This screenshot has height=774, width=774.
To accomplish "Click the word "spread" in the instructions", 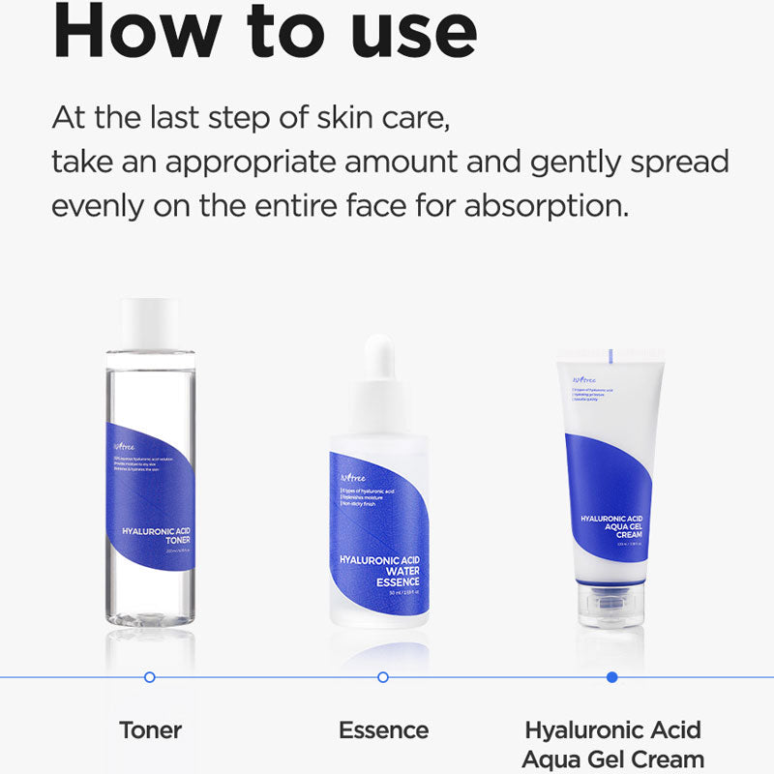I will click(672, 163).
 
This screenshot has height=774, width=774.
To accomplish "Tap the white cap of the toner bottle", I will click(150, 323).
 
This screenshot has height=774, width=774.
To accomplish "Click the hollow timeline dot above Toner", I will click(149, 677).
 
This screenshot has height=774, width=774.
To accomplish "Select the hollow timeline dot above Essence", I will click(383, 677).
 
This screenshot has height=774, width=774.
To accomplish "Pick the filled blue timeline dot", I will click(611, 677).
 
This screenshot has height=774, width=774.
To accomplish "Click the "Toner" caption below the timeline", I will click(150, 729).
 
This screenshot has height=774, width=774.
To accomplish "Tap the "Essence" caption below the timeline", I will click(383, 729).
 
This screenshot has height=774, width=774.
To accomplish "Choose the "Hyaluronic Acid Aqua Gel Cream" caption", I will click(612, 743).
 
